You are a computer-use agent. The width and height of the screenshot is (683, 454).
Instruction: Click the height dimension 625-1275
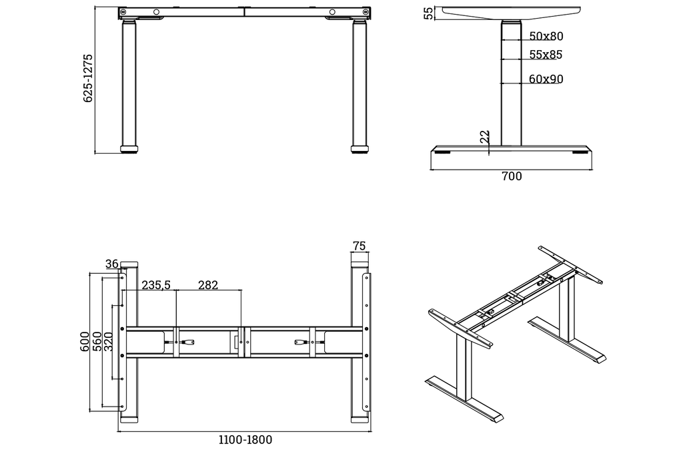click(x=87, y=78)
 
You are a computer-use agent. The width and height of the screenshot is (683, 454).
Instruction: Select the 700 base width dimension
click(x=512, y=177)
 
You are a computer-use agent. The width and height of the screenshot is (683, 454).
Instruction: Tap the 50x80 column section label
click(x=546, y=36)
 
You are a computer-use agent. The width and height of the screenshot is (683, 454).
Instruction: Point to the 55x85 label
click(x=546, y=55)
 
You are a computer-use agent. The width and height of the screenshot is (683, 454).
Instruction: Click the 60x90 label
click(x=546, y=79)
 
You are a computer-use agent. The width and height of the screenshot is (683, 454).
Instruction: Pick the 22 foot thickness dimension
click(x=485, y=136)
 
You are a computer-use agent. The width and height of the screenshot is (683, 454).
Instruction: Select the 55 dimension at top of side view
click(x=429, y=13)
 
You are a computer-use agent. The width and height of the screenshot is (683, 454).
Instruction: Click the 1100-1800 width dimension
click(x=245, y=440)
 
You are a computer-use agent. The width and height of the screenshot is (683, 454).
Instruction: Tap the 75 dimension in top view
click(x=359, y=246)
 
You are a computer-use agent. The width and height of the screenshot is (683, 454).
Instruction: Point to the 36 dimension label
click(x=111, y=264)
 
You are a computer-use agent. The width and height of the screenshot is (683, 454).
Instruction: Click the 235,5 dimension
click(x=156, y=285)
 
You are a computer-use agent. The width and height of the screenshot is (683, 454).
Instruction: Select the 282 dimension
click(x=208, y=285)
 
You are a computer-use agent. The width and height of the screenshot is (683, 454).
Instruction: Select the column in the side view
click(x=511, y=83)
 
